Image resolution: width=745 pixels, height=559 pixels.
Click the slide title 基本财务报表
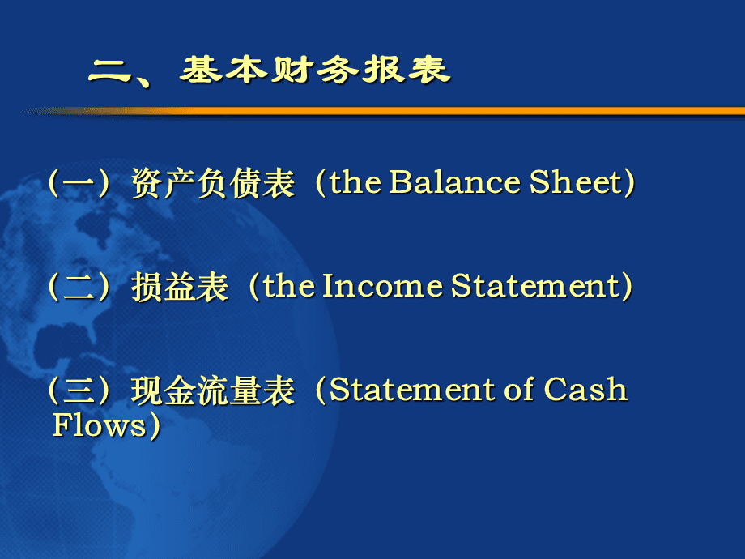point(315,70)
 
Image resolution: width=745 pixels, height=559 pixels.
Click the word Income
point(382,286)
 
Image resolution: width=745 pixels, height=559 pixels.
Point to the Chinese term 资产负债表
point(213,183)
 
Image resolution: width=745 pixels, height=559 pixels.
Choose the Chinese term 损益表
point(180,287)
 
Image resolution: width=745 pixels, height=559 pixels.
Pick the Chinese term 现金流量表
point(213,390)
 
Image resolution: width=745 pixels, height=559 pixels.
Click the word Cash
point(585,390)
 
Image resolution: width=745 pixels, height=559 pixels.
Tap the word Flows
point(100,425)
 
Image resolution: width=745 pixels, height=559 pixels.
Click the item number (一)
point(79,183)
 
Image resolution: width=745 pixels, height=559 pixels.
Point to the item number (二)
point(79,287)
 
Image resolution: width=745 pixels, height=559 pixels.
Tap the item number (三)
point(79,390)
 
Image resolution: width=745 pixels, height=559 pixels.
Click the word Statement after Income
point(535,286)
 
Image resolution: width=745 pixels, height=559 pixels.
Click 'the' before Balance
point(355,182)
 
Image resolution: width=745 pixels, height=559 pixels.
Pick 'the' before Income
point(289,286)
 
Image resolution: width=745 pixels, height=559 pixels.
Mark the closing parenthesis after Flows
point(155,425)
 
